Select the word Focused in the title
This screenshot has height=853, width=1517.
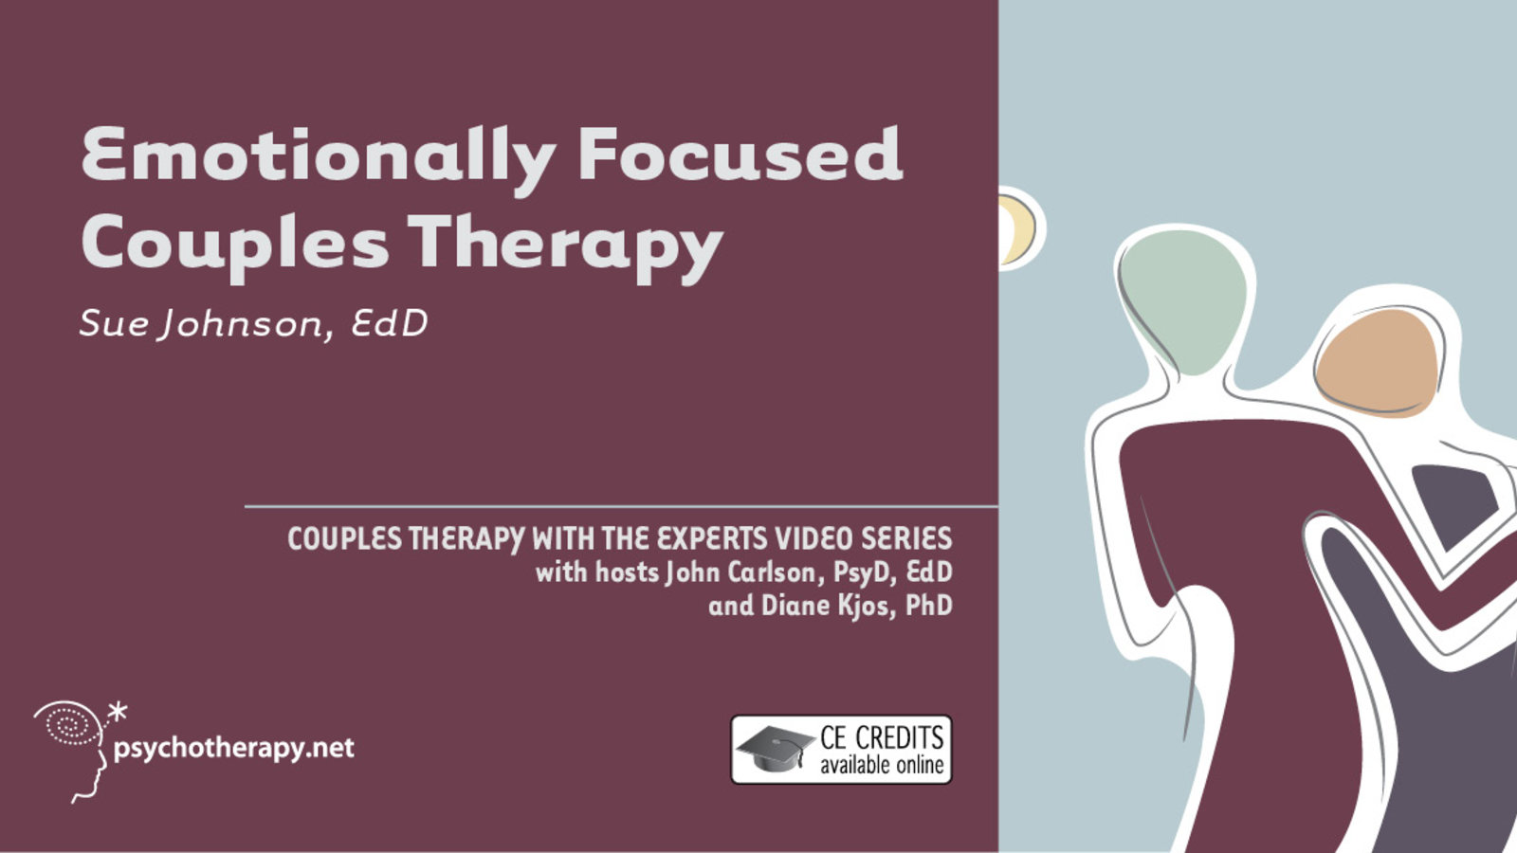click(740, 154)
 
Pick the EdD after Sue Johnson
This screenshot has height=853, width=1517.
click(390, 323)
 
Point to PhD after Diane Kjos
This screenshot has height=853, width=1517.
click(929, 606)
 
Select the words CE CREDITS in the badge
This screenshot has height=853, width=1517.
click(882, 737)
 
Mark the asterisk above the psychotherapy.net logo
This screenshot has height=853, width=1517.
click(118, 712)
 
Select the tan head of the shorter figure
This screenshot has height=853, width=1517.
click(1378, 363)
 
